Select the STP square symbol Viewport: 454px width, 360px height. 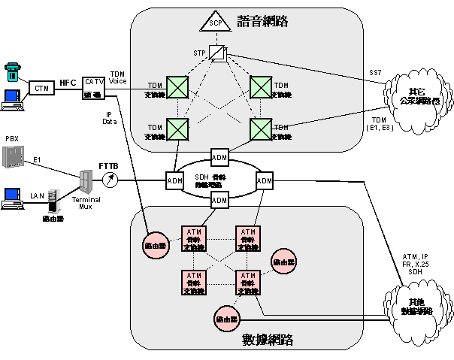point(217,53)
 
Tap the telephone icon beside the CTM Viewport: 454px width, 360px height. point(11,71)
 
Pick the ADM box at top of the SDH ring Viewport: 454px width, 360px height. point(219,157)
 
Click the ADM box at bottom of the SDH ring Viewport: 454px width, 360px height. point(219,200)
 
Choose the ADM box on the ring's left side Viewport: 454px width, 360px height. point(174,180)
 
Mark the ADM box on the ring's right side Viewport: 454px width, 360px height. point(265,180)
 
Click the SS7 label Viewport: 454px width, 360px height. point(375,72)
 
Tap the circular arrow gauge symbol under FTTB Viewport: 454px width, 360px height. point(110,180)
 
